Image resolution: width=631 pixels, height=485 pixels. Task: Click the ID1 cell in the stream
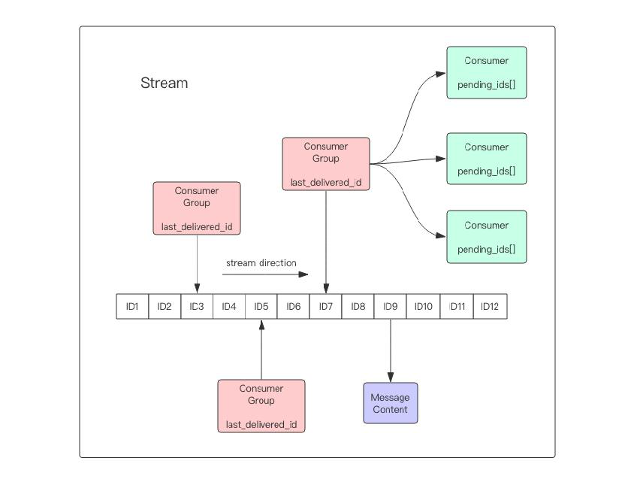[x=132, y=307]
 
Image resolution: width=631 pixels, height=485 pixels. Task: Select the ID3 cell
[x=197, y=307]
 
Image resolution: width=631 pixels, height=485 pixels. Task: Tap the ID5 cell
[x=261, y=307]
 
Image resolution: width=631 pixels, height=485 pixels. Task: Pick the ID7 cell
[x=325, y=307]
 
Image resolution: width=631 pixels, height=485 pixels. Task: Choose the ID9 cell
[x=391, y=307]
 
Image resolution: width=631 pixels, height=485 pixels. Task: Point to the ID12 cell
[x=490, y=307]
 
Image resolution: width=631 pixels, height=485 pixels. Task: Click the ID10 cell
[x=424, y=307]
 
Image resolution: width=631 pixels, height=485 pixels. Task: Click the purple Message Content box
[x=391, y=403]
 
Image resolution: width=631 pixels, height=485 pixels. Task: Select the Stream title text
[x=165, y=83]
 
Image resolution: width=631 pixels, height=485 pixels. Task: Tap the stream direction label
[x=261, y=263]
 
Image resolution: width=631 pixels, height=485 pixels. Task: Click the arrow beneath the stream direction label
[x=265, y=274]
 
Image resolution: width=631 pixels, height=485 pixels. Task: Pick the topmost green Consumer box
[x=487, y=72]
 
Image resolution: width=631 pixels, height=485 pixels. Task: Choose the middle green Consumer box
[x=487, y=159]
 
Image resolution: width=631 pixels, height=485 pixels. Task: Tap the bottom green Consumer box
[x=487, y=237]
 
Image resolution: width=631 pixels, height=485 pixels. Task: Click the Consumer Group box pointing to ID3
[x=197, y=208]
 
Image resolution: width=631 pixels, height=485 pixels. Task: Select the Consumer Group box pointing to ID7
[x=326, y=164]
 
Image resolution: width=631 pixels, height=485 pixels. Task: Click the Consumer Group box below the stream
[x=261, y=406]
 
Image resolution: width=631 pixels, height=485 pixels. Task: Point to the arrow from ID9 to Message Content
[x=391, y=351]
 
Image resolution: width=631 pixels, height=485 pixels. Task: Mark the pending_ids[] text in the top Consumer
[x=487, y=85]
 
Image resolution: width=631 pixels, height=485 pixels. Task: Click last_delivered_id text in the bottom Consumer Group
[x=261, y=425]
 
